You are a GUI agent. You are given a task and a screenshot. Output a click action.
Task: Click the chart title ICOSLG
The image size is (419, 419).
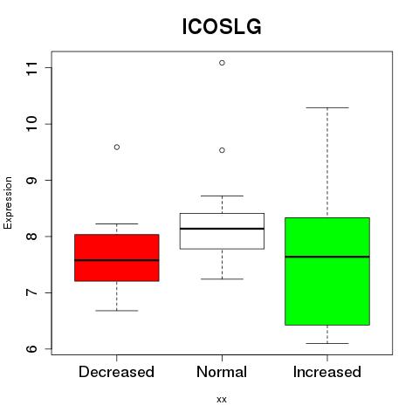(x=222, y=27)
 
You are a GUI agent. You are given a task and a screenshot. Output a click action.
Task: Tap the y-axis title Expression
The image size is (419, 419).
(x=8, y=203)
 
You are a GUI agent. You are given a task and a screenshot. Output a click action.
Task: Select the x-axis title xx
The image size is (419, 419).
(x=222, y=400)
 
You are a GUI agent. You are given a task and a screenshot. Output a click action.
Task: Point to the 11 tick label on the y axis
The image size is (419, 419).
(x=32, y=68)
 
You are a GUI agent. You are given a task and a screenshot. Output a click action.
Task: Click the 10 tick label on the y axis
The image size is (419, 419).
(x=32, y=124)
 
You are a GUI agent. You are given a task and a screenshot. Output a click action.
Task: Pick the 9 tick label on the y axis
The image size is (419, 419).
(x=32, y=181)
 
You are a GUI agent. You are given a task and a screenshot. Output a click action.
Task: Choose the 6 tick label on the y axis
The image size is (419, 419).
(x=32, y=349)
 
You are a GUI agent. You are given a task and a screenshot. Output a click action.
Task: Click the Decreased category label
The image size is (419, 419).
(x=116, y=372)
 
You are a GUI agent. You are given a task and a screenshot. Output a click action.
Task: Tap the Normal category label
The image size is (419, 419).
(x=222, y=372)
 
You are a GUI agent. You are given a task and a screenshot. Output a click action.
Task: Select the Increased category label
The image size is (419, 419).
(x=327, y=372)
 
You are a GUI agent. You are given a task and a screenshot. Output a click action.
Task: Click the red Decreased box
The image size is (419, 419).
(x=117, y=258)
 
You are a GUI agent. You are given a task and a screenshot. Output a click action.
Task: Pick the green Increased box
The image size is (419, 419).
(x=327, y=271)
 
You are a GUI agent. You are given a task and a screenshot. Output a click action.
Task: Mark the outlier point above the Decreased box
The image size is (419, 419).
(x=117, y=148)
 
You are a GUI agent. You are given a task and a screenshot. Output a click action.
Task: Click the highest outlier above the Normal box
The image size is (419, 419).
(x=222, y=63)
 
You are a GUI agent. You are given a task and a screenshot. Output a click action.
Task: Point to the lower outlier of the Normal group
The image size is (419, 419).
(x=222, y=150)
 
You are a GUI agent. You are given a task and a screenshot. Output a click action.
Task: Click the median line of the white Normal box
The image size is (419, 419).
(x=222, y=229)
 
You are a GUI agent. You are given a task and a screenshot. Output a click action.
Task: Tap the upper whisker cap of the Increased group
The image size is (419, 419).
(x=327, y=107)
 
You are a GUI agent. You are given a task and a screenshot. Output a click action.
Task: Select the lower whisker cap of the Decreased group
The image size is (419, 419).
(x=117, y=311)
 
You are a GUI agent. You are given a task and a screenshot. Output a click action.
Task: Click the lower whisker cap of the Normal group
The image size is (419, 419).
(x=222, y=279)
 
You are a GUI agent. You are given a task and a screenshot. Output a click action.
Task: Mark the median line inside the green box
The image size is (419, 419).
(x=327, y=257)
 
